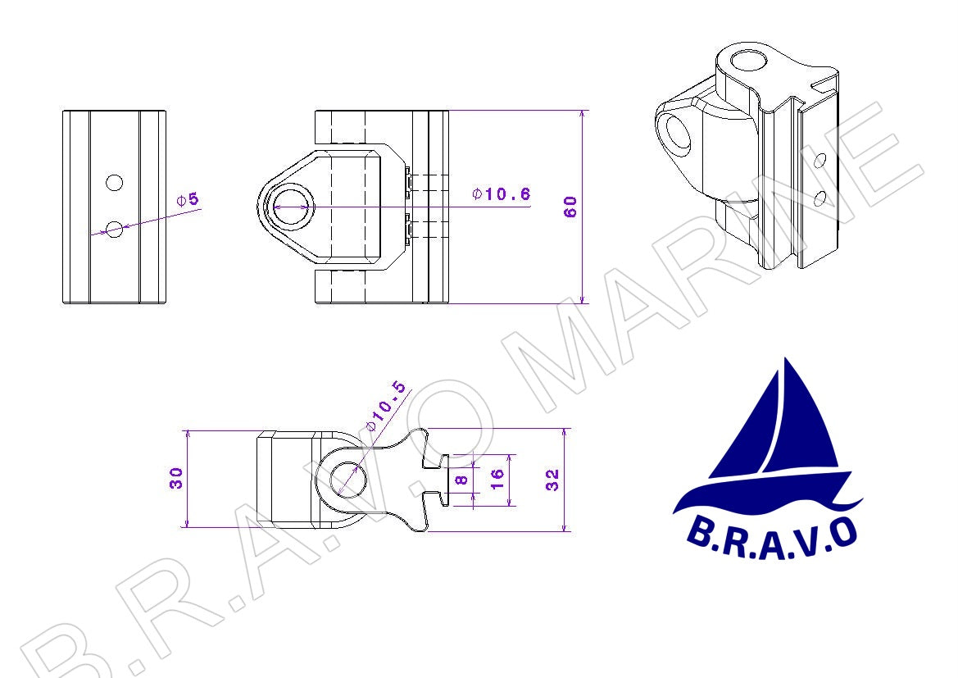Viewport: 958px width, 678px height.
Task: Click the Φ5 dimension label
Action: click(188, 199)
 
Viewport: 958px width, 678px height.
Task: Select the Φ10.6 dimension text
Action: click(501, 193)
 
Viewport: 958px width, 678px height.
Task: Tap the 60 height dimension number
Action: click(570, 207)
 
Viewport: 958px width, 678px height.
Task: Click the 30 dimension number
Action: click(176, 477)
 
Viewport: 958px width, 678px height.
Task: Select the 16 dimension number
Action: click(497, 479)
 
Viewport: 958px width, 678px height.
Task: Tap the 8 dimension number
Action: click(462, 480)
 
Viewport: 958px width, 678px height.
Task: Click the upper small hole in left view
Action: click(114, 182)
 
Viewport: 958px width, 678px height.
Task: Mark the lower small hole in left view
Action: click(114, 230)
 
